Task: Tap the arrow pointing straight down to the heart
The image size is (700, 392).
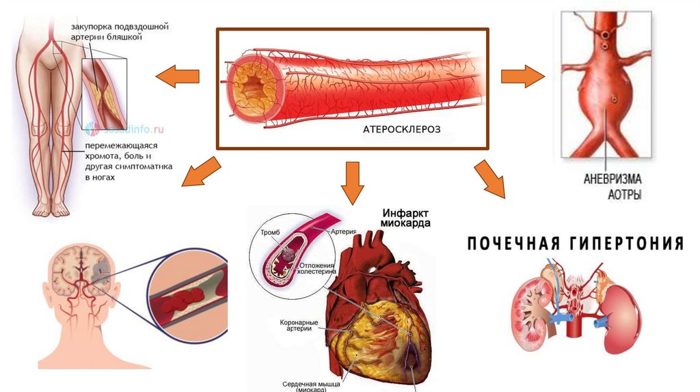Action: (352, 182)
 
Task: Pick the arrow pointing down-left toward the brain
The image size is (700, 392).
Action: (202, 171)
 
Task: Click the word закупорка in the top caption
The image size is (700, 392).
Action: (94, 27)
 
